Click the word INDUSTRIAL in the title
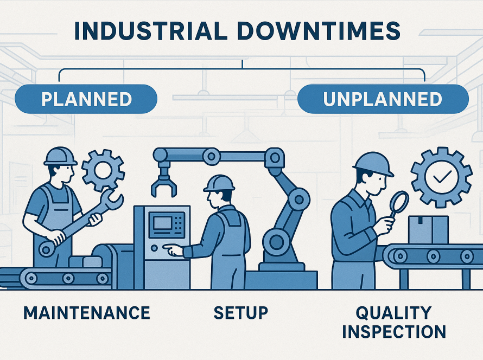151,31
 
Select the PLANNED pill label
86,99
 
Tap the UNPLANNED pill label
383,99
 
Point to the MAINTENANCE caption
87,313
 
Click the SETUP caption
241,313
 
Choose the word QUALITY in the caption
393,313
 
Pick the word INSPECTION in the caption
394,332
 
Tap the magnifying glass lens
399,202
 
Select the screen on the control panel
163,222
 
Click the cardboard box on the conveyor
429,229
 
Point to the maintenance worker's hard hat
60,156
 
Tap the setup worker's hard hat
219,183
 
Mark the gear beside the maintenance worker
103,170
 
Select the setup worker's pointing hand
173,249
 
